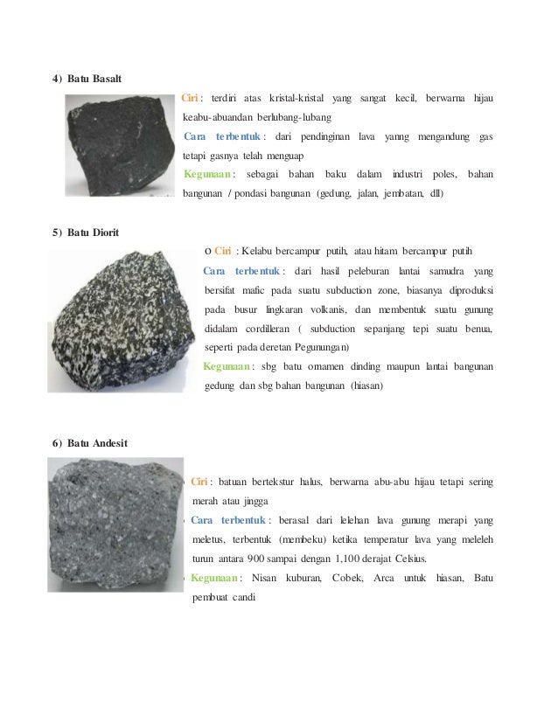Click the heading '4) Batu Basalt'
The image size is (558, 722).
pos(87,80)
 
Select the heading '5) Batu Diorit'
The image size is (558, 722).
pos(86,233)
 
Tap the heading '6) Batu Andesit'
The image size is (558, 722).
pos(90,443)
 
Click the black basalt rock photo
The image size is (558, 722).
pos(119,145)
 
